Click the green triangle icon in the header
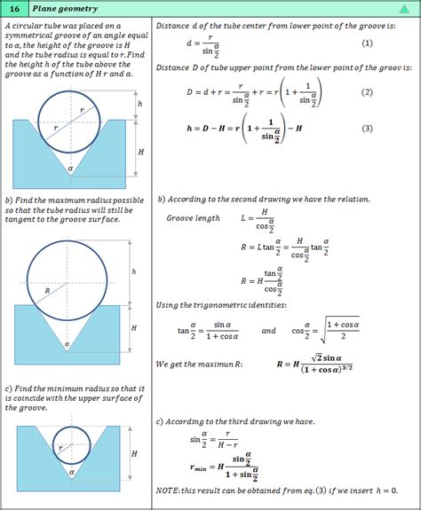[403, 9]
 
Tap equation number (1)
[367, 43]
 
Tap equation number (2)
[367, 92]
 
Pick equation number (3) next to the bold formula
[367, 129]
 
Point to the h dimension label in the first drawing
[139, 104]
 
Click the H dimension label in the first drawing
[140, 152]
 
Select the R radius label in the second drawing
[47, 290]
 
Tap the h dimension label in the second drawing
[133, 271]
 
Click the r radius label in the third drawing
[60, 448]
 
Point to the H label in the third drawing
[134, 454]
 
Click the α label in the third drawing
[70, 472]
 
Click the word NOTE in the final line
[169, 490]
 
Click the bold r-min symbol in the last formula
[203, 467]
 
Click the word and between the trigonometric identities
[268, 330]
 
